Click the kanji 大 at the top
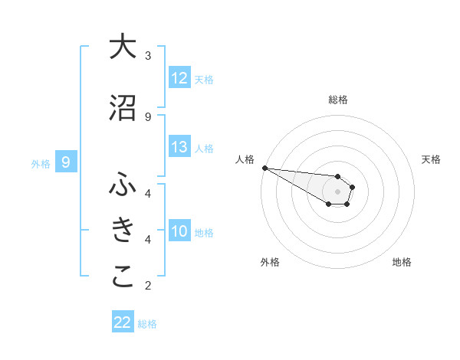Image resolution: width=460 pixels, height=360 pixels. point(123,47)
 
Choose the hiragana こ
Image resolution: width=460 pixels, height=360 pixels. point(123,277)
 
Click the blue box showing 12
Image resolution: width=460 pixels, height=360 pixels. point(179,78)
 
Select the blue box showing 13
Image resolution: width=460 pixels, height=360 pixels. point(179,148)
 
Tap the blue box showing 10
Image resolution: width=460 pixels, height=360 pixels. point(179,232)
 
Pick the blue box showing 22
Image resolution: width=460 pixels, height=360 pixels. point(123,322)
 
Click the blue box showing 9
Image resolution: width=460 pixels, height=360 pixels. point(67,162)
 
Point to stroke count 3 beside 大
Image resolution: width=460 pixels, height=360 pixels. point(148,56)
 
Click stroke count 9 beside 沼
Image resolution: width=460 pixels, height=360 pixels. point(148,117)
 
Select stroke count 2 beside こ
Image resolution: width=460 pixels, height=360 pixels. point(148,286)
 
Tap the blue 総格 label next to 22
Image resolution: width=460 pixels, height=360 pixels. point(147,324)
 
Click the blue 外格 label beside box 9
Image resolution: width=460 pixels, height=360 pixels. point(41,163)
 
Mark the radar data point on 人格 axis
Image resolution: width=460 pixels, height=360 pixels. point(264,168)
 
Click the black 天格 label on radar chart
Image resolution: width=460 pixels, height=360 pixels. point(432,159)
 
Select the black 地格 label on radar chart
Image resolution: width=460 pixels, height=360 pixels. point(402,262)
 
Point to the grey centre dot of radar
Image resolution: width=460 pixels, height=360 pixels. point(337,191)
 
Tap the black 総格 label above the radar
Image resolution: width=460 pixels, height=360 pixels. point(337,100)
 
